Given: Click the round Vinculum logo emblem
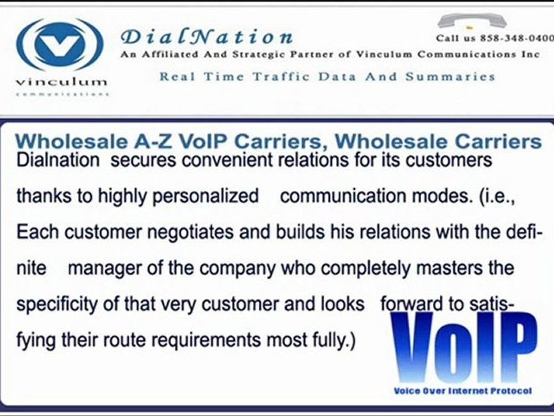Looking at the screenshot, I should point(60,44).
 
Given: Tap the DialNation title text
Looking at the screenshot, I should point(207,38).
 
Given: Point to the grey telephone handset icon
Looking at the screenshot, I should point(471,21).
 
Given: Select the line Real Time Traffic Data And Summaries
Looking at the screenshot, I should point(327,76).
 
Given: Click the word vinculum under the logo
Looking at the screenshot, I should point(61,81).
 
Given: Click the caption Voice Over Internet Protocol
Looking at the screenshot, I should point(462,391).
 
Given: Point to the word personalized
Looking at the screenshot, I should point(205,196).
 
